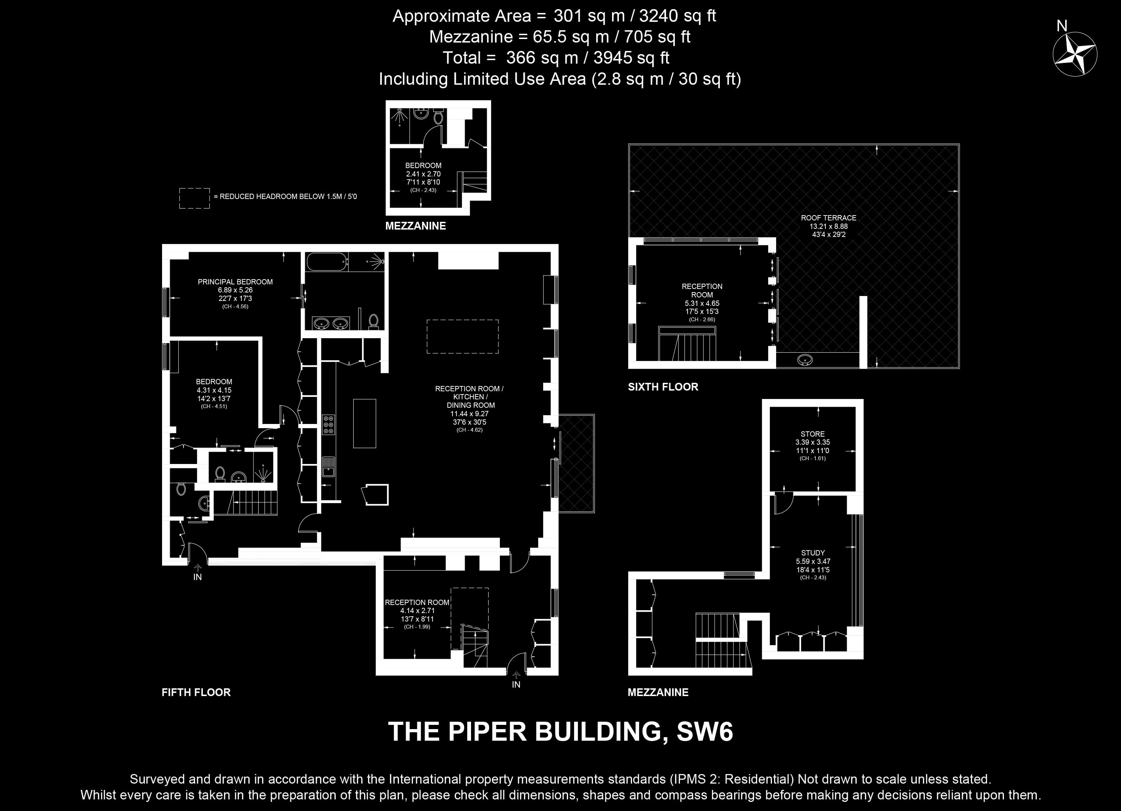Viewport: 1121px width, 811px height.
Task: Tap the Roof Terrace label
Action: tap(829, 218)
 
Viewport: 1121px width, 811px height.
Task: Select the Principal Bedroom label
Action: tap(235, 282)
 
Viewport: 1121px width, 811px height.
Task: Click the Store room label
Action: tap(813, 434)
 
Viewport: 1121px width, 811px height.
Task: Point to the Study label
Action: tap(813, 553)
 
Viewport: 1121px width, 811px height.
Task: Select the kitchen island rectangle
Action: tap(364, 424)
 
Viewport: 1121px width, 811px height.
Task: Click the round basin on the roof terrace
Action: tap(805, 360)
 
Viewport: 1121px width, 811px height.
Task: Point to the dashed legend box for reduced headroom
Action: tap(194, 198)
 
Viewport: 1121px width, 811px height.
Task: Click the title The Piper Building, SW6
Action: tap(560, 732)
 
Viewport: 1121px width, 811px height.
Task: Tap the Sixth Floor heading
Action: tap(663, 387)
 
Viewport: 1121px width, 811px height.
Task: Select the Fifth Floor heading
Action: tap(196, 693)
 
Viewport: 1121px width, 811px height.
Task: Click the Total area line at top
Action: tap(556, 58)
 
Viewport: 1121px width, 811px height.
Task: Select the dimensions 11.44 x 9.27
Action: tap(470, 414)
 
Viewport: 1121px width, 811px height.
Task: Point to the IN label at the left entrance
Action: tap(197, 577)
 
